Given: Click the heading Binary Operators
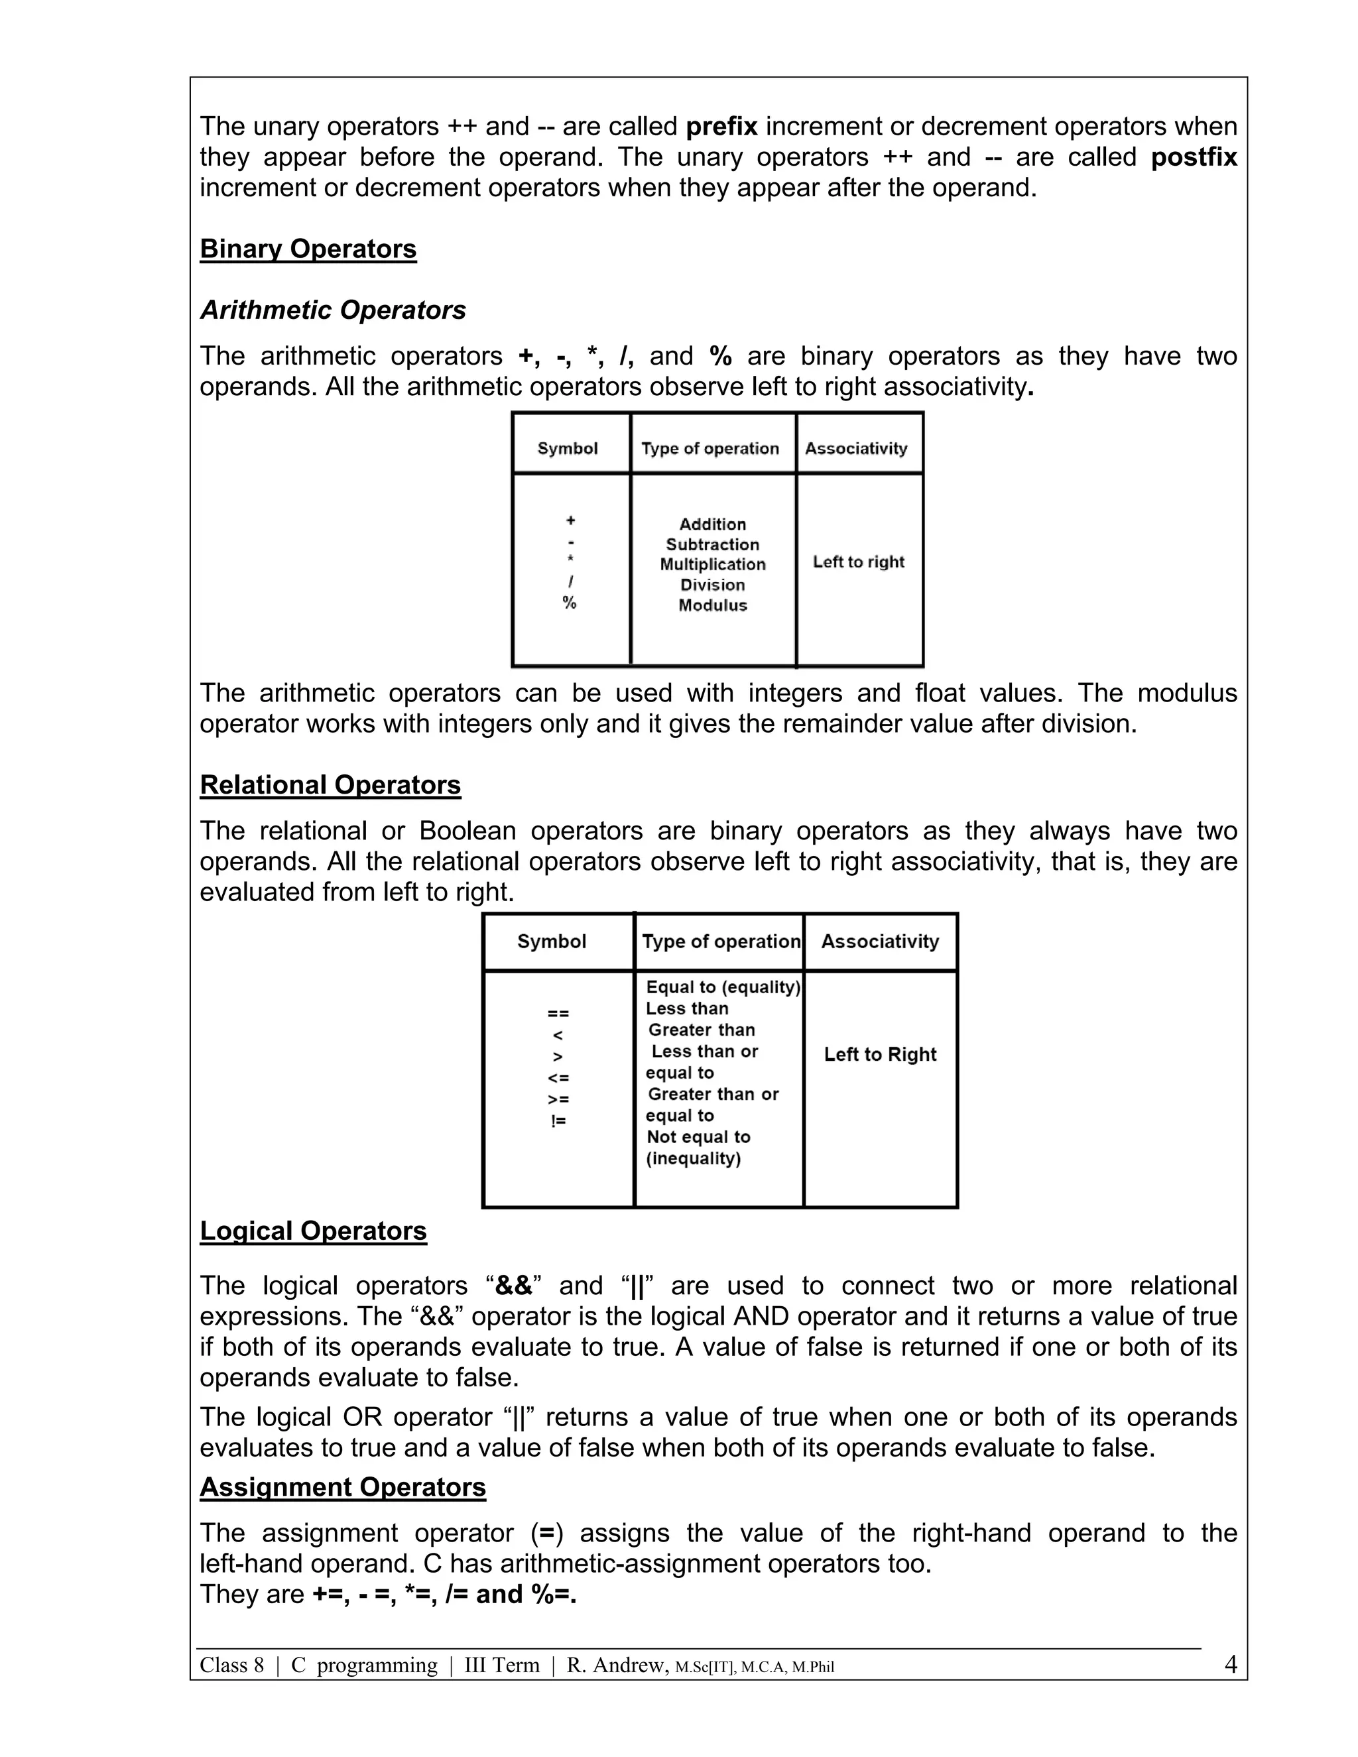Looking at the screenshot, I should point(308,249).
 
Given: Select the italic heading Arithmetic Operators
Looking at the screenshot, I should point(333,310).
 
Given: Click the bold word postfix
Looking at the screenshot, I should point(1193,157).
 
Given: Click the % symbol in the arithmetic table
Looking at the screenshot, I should point(570,603).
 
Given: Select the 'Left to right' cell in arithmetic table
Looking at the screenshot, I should point(859,562).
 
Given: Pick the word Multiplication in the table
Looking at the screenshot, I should point(713,564).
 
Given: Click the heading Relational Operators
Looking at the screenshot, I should point(330,784).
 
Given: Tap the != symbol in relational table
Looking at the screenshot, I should point(558,1121).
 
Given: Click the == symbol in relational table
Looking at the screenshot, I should point(558,1014).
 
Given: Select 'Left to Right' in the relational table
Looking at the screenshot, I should point(880,1054).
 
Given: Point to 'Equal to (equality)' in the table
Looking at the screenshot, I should point(723,987).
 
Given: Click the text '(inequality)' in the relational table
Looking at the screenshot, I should point(694,1158).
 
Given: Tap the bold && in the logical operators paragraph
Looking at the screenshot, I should point(514,1286).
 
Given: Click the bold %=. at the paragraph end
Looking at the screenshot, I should point(554,1595).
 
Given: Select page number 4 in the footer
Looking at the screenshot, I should point(1230,1664).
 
